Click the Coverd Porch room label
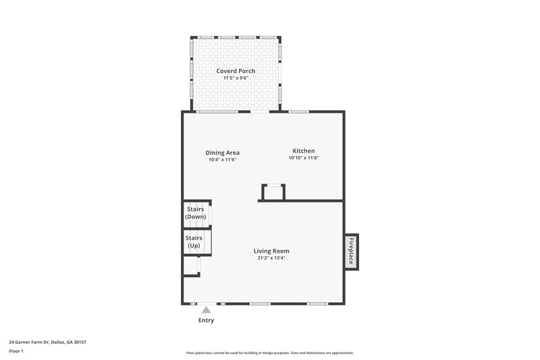tap(236, 71)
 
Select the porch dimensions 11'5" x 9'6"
tap(236, 78)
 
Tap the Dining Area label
tap(223, 152)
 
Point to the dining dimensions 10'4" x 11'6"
tap(223, 159)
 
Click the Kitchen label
tap(303, 151)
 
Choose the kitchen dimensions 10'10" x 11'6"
tap(303, 158)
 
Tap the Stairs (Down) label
tap(196, 213)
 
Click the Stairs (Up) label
tap(194, 241)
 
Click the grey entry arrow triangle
tap(206, 310)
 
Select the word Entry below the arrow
tap(206, 320)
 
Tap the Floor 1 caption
tap(16, 351)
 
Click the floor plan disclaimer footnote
tap(270, 353)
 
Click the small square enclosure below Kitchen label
tap(272, 192)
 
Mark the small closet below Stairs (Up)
tap(191, 266)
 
